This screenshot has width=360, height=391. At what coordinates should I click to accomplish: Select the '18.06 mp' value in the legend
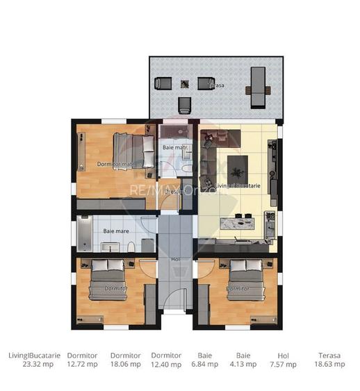[x=125, y=363]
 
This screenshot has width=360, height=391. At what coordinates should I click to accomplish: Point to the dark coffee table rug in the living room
[x=236, y=165]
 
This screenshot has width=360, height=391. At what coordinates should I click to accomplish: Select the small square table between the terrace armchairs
[x=185, y=84]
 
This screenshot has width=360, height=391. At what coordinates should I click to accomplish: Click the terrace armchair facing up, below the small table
[x=185, y=105]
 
